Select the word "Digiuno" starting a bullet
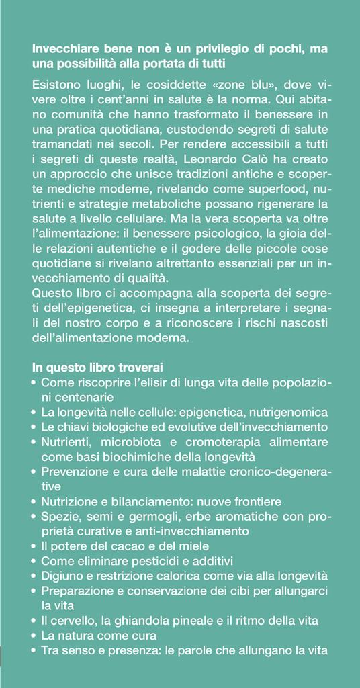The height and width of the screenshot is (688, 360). coord(62,574)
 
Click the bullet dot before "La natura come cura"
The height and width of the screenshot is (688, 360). coord(34,635)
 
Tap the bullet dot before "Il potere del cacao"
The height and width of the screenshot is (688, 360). coord(34,546)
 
